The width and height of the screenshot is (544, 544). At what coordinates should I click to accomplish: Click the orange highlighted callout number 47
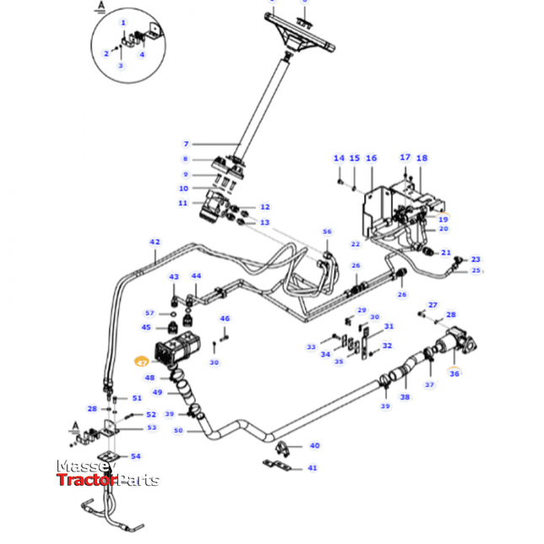point(142,362)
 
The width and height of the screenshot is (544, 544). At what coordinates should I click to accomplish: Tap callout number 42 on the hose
point(154,242)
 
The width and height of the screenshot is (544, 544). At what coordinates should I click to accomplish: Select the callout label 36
point(455,374)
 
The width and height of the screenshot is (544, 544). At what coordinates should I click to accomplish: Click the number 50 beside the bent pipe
point(178,430)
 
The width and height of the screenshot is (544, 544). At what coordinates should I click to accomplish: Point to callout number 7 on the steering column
point(186,144)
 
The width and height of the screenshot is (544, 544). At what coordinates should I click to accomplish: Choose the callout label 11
point(183,202)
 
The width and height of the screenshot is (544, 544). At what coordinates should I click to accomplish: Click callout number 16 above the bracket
point(371,159)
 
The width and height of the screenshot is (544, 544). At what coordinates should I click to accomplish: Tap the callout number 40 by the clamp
point(315,445)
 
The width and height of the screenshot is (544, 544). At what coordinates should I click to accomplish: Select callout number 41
point(312,467)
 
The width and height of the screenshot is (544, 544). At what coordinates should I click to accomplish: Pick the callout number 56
point(327,232)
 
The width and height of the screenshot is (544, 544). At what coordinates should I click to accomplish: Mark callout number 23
point(475,259)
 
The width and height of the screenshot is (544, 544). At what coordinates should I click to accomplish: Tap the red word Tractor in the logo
point(84,481)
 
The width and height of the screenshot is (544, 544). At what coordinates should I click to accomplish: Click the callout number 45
point(147,328)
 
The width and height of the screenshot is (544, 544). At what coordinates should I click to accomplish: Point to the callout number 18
point(422,159)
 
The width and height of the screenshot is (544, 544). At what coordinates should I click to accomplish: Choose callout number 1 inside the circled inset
point(123,23)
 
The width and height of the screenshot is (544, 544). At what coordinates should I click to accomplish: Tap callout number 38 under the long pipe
point(404,397)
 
